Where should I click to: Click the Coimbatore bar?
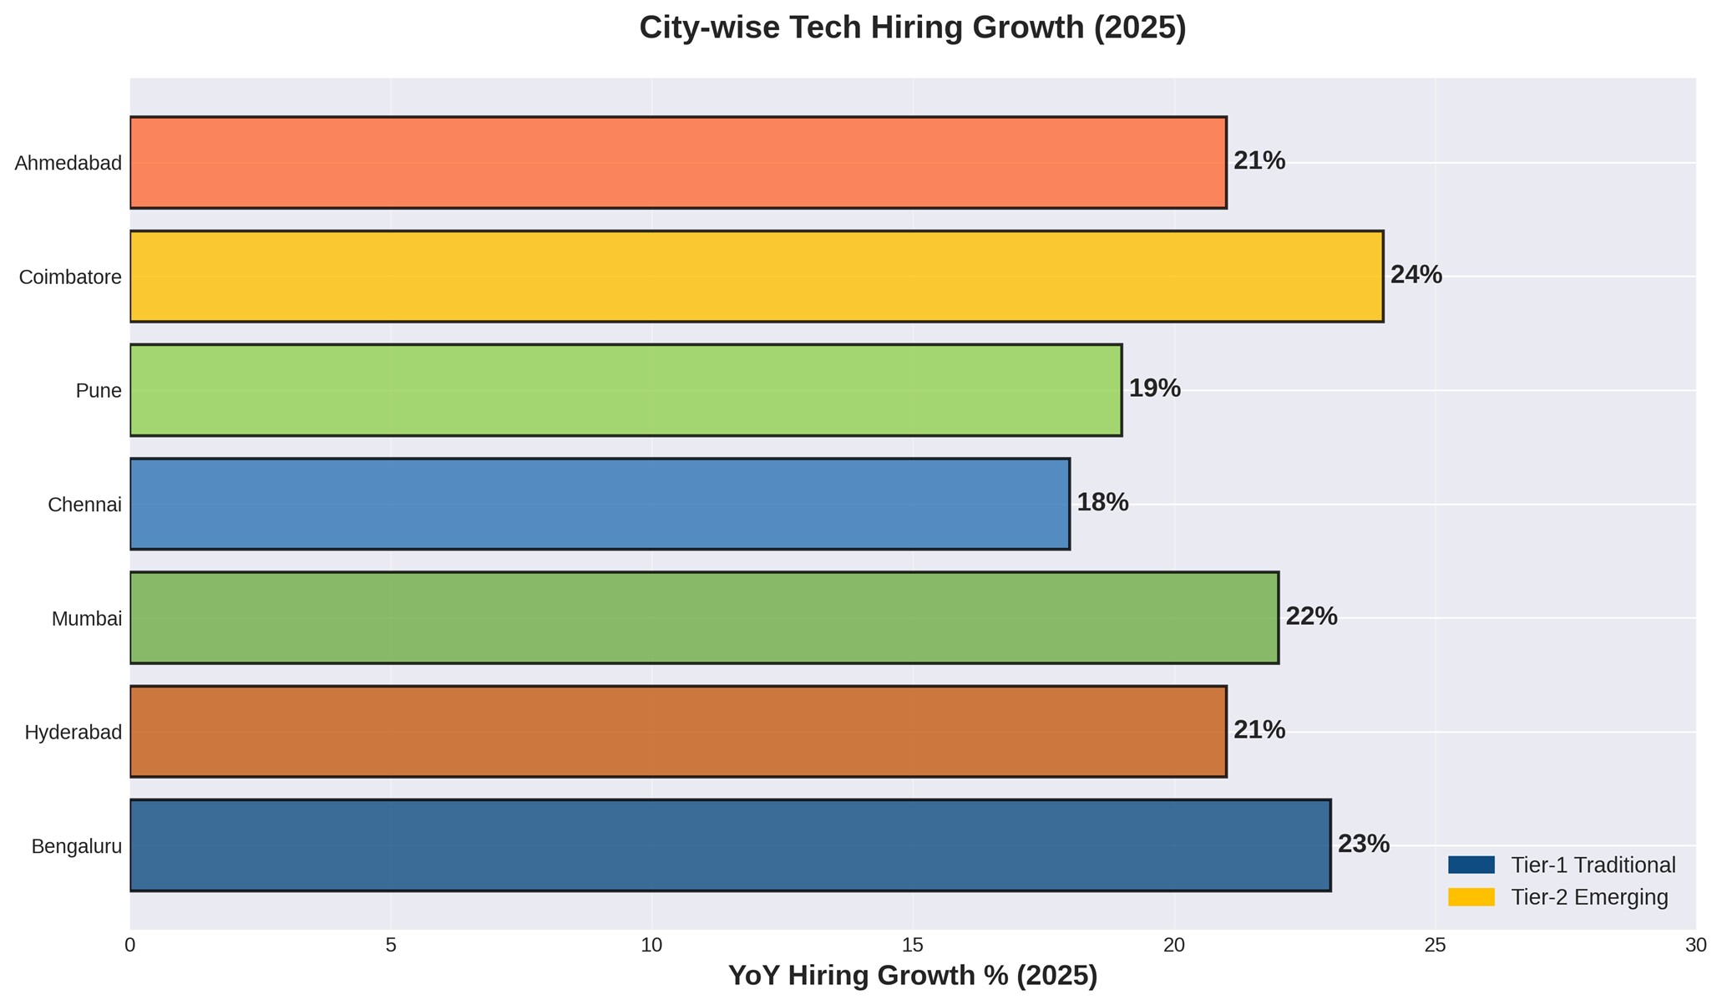pyautogui.click(x=756, y=276)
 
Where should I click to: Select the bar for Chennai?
pyautogui.click(x=599, y=504)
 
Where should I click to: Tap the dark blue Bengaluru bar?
pyautogui.click(x=729, y=845)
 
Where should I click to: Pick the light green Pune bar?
pyautogui.click(x=625, y=390)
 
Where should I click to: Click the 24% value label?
pyautogui.click(x=1416, y=275)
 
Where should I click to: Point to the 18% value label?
pyautogui.click(x=1102, y=503)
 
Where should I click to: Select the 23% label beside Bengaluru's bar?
pyautogui.click(x=1364, y=845)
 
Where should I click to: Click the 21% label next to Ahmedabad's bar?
pyautogui.click(x=1259, y=161)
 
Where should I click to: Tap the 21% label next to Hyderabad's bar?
pyautogui.click(x=1259, y=730)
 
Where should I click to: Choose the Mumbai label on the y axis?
pyautogui.click(x=87, y=619)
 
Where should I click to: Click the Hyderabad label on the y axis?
pyautogui.click(x=73, y=733)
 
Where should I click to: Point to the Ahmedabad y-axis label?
pyautogui.click(x=68, y=163)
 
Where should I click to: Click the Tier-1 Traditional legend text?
pyautogui.click(x=1593, y=865)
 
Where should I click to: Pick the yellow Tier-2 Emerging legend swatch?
pyautogui.click(x=1471, y=897)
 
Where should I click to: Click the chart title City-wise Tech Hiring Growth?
pyautogui.click(x=913, y=28)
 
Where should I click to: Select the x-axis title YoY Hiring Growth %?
pyautogui.click(x=913, y=976)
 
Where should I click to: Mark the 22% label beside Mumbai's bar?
pyautogui.click(x=1311, y=617)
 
